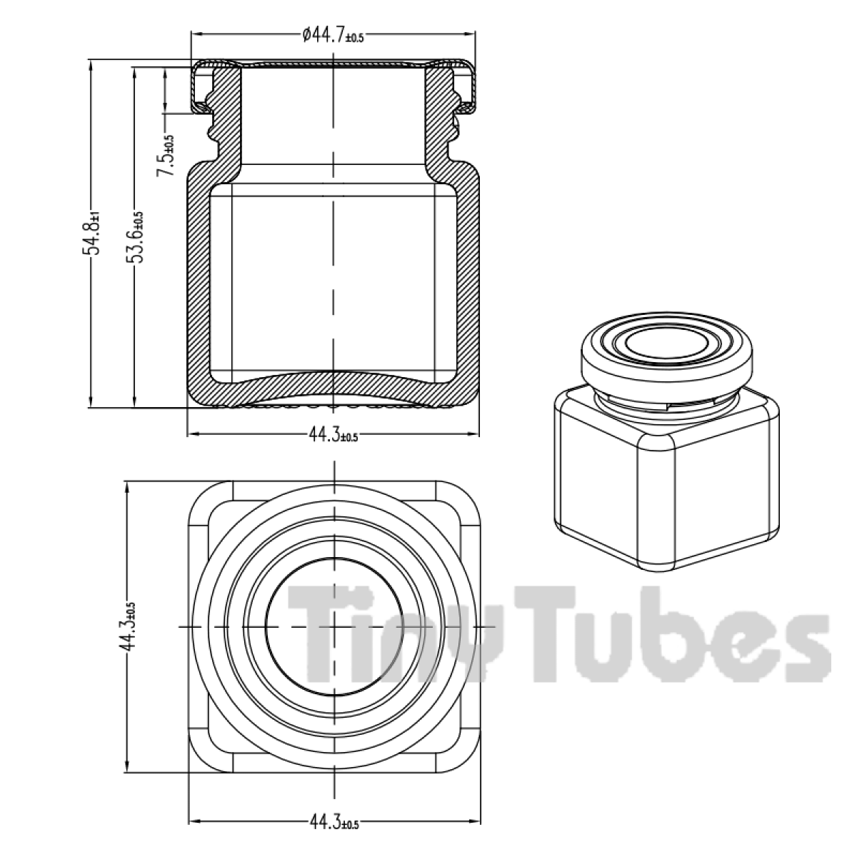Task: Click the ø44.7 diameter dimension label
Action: tap(333, 35)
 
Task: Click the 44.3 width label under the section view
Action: tap(334, 434)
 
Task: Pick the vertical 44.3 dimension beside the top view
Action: tap(128, 626)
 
